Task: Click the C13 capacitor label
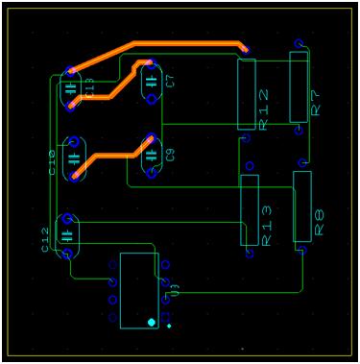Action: pos(89,89)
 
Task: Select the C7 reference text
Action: pos(171,80)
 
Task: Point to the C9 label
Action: pos(170,154)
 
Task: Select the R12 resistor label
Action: pos(264,109)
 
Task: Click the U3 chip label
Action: pos(174,287)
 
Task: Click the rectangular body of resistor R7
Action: pos(299,86)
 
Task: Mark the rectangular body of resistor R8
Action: pos(302,206)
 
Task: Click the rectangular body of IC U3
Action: pos(138,291)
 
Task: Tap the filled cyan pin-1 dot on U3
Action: pos(152,321)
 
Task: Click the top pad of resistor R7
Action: pos(299,44)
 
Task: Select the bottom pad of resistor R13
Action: pos(251,254)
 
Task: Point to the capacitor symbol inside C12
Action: pos(66,234)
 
